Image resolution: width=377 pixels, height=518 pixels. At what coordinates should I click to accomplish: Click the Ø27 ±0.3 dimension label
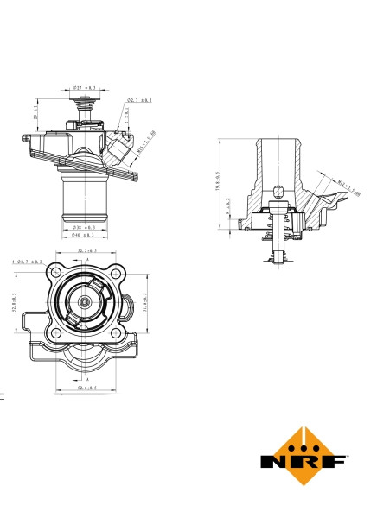click(84, 88)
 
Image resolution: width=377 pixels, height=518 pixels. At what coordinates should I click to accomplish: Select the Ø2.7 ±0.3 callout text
click(139, 101)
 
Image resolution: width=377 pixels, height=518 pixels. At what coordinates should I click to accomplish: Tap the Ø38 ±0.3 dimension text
click(83, 228)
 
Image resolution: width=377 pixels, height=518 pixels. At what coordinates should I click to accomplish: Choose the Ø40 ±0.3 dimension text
click(83, 235)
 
